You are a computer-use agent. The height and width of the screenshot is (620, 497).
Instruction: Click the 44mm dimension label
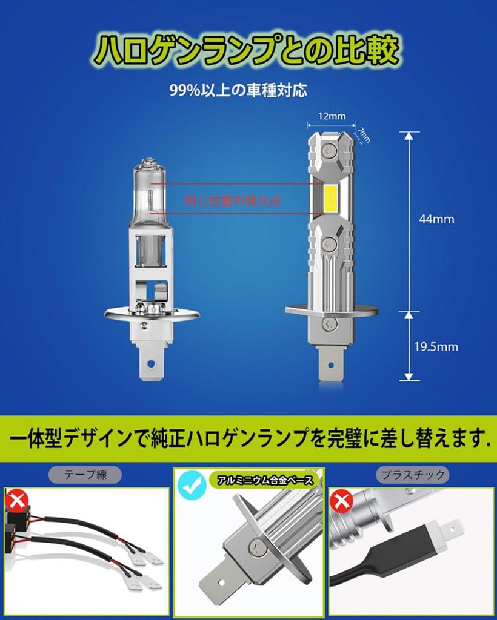click(436, 219)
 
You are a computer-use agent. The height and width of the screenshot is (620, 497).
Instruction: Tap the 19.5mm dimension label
click(436, 347)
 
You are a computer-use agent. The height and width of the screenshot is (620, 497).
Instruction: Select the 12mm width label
click(331, 116)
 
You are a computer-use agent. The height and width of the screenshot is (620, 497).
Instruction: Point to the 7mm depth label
click(364, 132)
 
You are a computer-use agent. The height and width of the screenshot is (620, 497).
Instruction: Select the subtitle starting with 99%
click(238, 91)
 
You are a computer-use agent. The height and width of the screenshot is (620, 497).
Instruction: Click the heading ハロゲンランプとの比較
click(249, 51)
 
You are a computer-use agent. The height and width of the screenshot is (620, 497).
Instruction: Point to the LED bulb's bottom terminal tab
click(331, 363)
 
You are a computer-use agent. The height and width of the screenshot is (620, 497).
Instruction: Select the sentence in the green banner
click(248, 438)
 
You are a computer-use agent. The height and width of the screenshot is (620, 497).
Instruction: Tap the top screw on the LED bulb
click(330, 147)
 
